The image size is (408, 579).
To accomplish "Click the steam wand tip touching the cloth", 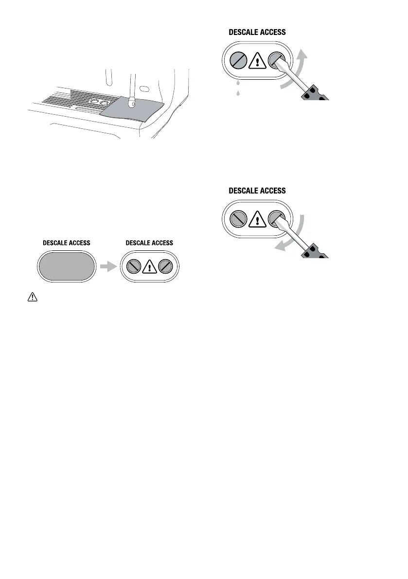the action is (131, 103).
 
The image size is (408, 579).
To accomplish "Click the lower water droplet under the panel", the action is (238, 93).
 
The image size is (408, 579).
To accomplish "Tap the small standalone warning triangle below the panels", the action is (29, 298).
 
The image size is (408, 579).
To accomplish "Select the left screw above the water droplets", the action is (237, 61).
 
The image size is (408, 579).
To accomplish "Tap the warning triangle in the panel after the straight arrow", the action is (149, 266).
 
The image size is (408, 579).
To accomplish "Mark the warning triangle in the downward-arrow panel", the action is (256, 220).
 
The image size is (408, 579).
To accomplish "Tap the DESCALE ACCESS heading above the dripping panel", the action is (257, 33).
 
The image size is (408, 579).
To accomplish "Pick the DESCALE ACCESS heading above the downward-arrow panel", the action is (257, 191).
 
